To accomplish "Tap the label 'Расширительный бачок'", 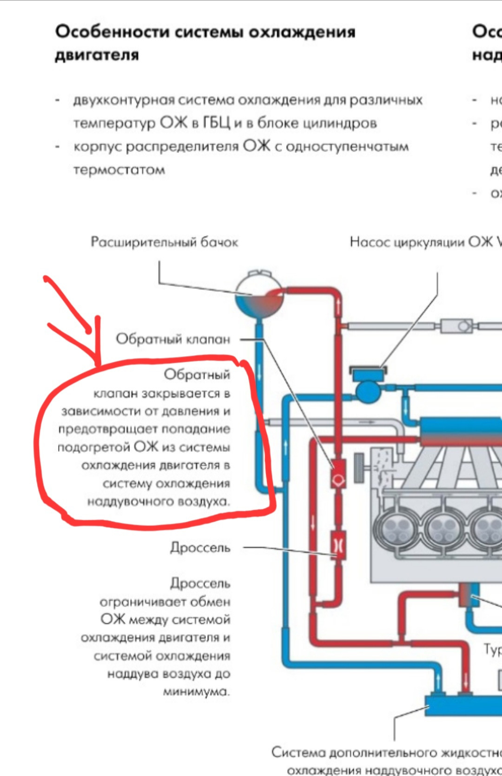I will pos(164,242).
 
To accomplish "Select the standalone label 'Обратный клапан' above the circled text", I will pos(173,339).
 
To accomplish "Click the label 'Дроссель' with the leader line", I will pos(200,548).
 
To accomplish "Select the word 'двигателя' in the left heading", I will pos(97,55).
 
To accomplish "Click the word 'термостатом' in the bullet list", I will pos(119,170).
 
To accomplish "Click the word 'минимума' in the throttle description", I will pos(196,692).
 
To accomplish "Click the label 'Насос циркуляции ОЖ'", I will pos(421,242).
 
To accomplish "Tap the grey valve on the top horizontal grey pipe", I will pos(457,326).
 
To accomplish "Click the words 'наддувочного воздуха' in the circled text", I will pos(159,502).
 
